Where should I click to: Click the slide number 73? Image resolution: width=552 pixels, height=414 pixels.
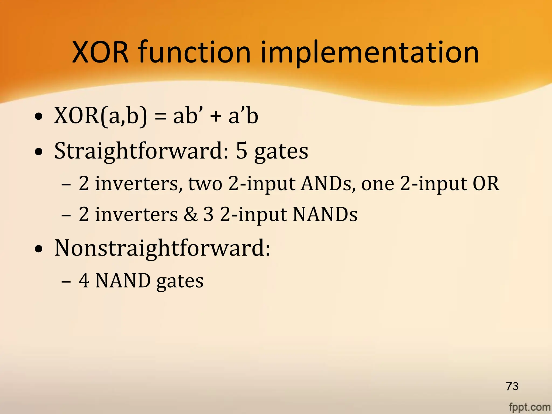[x=512, y=386]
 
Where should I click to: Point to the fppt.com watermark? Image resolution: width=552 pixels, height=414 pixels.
[x=530, y=407]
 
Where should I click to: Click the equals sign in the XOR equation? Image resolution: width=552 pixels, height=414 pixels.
[x=160, y=117]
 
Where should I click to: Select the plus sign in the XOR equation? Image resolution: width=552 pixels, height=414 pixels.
[x=216, y=117]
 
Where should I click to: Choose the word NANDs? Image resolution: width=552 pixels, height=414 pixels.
[x=325, y=215]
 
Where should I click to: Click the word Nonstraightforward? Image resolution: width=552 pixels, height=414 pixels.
[x=162, y=248]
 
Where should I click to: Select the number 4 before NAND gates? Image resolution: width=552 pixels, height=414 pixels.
[x=84, y=281]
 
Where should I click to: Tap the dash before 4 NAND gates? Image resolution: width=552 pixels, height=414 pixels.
[x=66, y=281]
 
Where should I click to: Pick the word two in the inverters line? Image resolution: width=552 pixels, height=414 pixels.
[x=205, y=184]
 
